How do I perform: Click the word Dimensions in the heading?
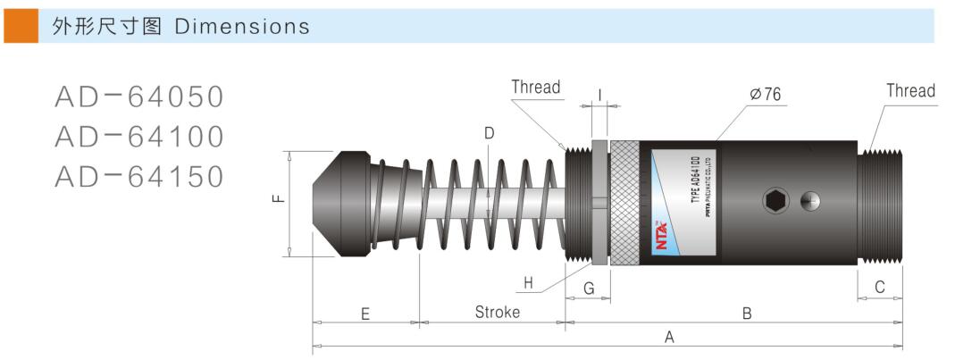coord(242,27)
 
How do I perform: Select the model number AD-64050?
coord(138,96)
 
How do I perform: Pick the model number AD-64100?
coord(138,137)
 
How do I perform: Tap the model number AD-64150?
coord(138,177)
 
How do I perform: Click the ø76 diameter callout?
coord(766,93)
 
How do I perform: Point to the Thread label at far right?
coord(910,91)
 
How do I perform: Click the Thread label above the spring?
coord(535,88)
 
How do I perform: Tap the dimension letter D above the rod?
coord(489,133)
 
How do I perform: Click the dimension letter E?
coord(365,314)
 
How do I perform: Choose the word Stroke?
coord(497,313)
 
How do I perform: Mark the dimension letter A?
coord(669,337)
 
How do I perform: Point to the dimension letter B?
coord(747,313)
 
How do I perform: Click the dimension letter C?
coord(880,288)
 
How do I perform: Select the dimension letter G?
coord(589,288)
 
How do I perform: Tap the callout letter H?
coord(529,284)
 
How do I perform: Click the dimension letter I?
coord(599,94)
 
